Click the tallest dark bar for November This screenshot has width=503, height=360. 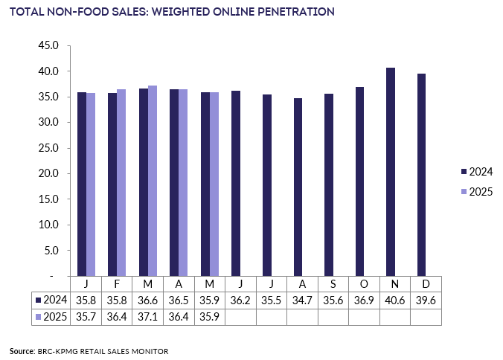[391, 172]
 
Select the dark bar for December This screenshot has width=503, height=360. [421, 175]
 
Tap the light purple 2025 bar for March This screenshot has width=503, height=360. [153, 181]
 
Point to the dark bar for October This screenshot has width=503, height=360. [359, 181]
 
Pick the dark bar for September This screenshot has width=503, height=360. [329, 185]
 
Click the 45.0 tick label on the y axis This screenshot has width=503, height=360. [48, 45]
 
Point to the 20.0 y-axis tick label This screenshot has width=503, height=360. [48, 173]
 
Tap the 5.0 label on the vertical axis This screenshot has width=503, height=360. [51, 251]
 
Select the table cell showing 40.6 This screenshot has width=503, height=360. [395, 300]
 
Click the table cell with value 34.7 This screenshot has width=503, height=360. [302, 300]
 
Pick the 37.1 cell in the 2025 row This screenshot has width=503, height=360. [147, 317]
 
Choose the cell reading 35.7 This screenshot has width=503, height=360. [86, 317]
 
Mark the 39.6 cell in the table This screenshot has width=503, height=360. [426, 300]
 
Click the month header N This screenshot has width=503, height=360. [395, 284]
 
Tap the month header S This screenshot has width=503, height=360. [333, 284]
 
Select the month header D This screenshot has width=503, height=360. [426, 284]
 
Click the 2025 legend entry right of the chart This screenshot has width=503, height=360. [477, 192]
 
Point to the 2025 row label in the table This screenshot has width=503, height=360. [51, 317]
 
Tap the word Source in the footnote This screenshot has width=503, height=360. [22, 351]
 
